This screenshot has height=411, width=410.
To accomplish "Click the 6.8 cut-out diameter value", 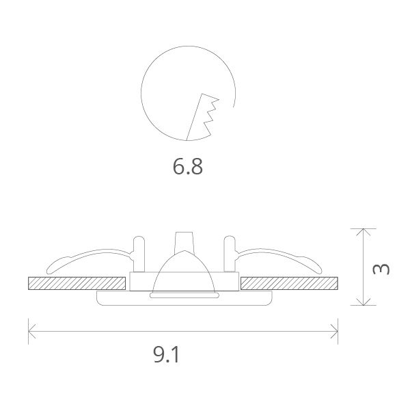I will click(x=188, y=166).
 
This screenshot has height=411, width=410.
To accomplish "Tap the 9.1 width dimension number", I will click(x=167, y=354).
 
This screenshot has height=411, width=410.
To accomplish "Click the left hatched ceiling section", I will click(x=77, y=282).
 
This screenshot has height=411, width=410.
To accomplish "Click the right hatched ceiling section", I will click(x=290, y=282).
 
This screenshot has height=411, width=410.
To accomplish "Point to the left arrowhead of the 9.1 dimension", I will click(x=31, y=331).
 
